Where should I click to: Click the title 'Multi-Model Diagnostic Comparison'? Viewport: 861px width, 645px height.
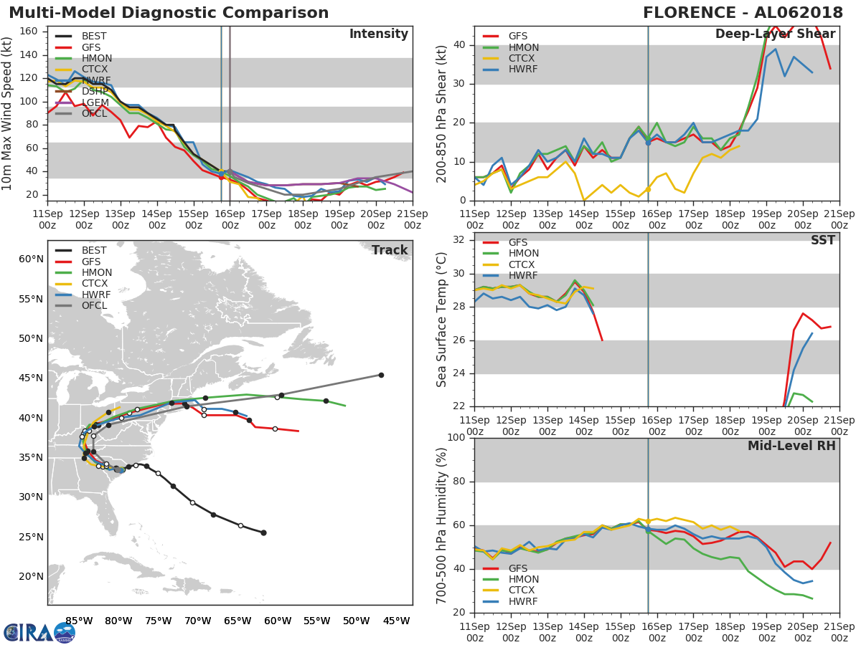pos(169,13)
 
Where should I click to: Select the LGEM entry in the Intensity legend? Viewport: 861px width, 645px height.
pos(95,103)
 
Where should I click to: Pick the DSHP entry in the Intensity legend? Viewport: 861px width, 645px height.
pos(95,92)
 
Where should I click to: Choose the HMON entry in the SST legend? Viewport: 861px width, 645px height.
pos(523,254)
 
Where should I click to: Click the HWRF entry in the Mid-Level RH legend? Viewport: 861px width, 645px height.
pos(523,602)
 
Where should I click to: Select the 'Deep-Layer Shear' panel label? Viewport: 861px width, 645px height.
pos(775,34)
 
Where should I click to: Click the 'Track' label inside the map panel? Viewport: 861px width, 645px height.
pos(390,250)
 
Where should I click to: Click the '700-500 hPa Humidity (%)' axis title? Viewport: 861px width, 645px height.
pos(442,525)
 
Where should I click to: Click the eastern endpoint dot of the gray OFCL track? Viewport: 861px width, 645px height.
pos(381,375)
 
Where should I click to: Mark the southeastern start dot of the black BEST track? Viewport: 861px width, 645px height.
pos(263,532)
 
